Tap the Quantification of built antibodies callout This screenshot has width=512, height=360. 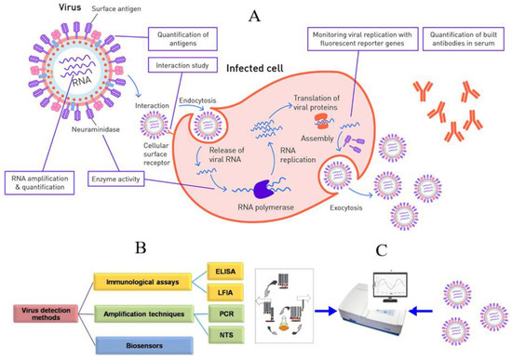click(x=459, y=42)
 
